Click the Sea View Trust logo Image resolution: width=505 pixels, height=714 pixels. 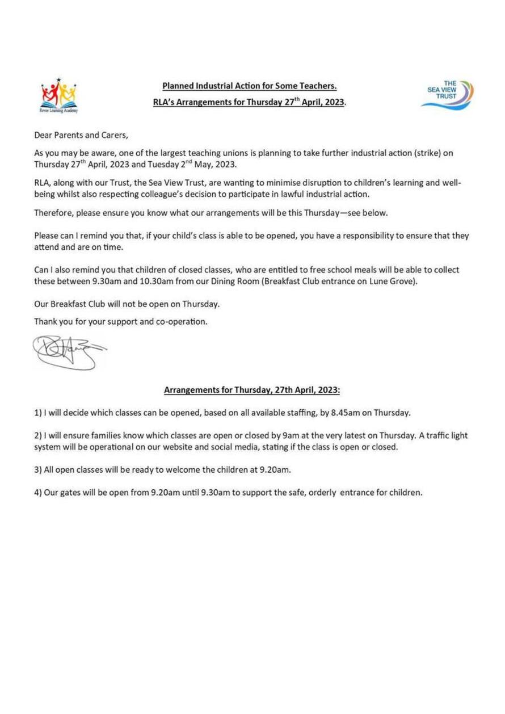[446, 93]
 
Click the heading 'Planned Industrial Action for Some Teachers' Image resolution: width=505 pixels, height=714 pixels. [250, 86]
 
